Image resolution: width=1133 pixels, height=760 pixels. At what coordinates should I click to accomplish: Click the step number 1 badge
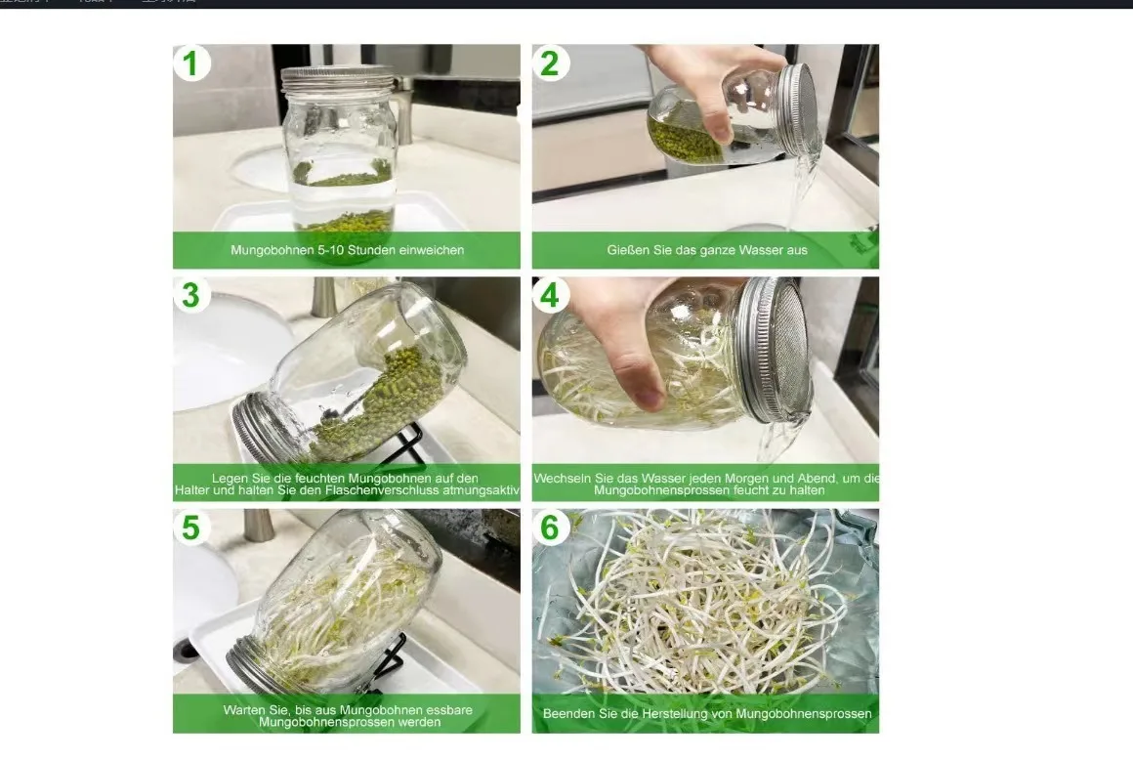tap(191, 63)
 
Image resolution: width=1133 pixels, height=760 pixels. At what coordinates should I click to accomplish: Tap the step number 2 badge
tap(550, 63)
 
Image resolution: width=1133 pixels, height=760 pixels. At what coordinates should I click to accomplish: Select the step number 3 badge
tap(191, 295)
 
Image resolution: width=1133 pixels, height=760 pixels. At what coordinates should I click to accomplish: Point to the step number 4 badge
tap(550, 295)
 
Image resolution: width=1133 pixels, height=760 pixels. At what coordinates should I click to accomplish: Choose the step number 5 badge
tap(191, 528)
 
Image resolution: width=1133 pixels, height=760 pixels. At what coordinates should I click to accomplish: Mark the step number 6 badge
tap(550, 528)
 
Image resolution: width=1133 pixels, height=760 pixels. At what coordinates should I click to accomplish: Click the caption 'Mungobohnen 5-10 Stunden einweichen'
tap(347, 250)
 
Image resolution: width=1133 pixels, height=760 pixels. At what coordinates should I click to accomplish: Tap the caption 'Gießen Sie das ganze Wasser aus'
tap(706, 250)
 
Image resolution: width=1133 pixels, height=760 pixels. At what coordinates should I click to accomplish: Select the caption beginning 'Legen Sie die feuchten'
tap(347, 484)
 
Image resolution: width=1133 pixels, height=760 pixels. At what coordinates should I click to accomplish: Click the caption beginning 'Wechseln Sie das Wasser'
tap(706, 484)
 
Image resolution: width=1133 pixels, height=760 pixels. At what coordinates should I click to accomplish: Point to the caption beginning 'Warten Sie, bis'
tap(347, 715)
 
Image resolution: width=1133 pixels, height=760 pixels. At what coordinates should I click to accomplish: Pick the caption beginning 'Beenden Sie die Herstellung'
tap(706, 714)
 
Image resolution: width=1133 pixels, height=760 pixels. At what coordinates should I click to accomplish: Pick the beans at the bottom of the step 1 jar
tap(347, 221)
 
